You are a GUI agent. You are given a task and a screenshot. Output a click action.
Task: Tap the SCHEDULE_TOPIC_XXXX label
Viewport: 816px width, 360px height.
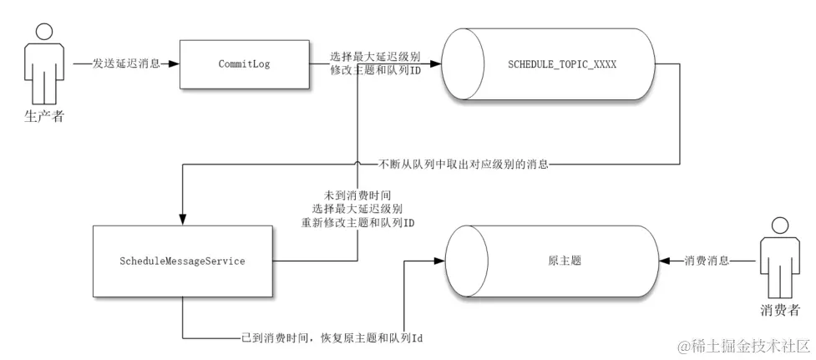click(561, 63)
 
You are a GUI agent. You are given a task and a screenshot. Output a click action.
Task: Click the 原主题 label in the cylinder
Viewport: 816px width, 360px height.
click(565, 261)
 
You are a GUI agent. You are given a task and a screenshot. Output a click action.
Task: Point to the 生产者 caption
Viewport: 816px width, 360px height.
click(43, 116)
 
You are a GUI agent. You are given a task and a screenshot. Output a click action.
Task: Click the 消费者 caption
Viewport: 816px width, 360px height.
click(781, 311)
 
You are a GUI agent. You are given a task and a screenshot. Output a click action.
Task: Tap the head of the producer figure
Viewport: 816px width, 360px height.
click(43, 31)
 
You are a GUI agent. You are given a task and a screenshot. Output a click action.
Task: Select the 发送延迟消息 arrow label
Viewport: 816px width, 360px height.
click(125, 63)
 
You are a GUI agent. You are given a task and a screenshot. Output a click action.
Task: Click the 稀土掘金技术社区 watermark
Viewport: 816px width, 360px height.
click(743, 346)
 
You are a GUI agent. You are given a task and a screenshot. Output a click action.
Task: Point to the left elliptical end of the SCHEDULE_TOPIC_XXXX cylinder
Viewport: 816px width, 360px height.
click(459, 63)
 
